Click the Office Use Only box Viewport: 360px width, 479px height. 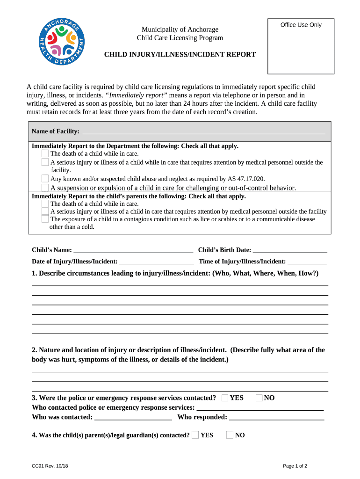[301, 46]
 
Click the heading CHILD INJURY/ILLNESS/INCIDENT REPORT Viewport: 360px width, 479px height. [180, 55]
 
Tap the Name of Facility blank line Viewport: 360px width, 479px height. [203, 131]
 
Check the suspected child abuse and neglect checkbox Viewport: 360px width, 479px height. [45, 179]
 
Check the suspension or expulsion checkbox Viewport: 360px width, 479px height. [45, 188]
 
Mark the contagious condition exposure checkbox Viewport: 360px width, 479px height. [45, 219]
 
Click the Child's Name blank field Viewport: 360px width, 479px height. [133, 250]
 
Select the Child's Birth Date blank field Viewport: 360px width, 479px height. [289, 250]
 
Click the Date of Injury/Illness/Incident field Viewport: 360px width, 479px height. [157, 261]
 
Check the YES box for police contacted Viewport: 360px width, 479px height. [225, 398]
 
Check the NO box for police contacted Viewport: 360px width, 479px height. [259, 398]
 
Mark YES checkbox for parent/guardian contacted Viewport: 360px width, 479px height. [195, 435]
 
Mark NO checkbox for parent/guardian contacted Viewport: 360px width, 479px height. [230, 435]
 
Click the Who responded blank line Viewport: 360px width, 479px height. [276, 417]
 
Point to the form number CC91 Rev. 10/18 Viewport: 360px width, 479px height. [49, 466]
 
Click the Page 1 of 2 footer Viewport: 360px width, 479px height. [295, 466]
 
